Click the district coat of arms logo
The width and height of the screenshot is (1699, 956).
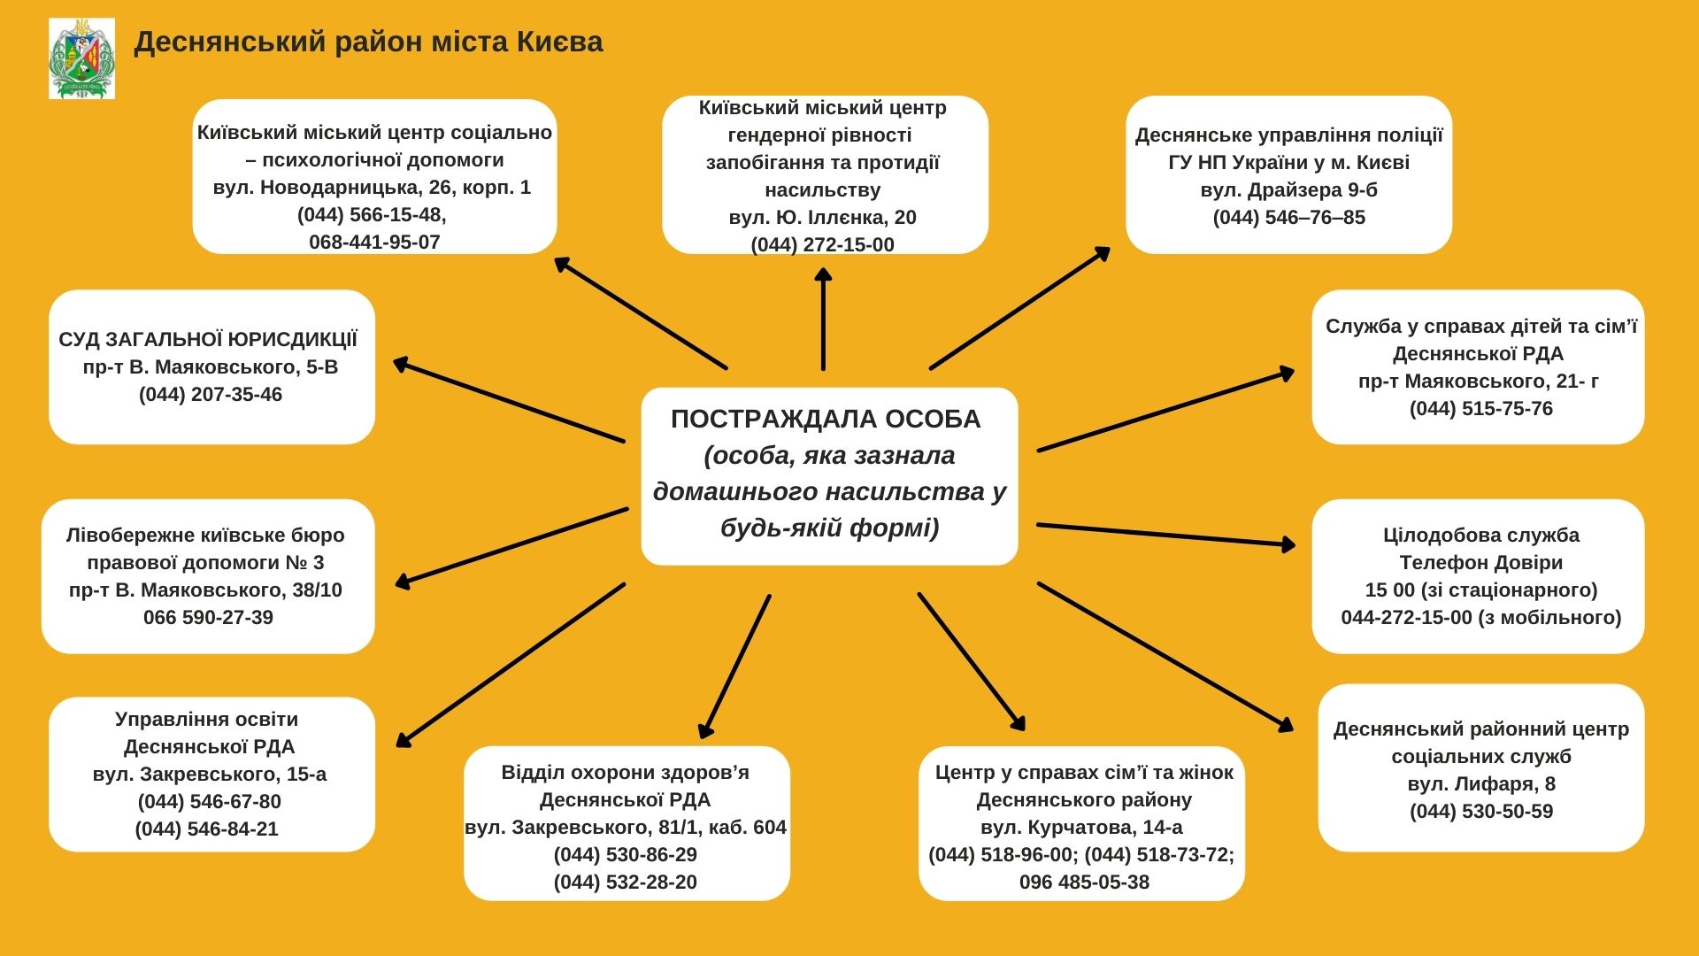(81, 58)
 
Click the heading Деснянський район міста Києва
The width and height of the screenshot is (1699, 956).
(368, 42)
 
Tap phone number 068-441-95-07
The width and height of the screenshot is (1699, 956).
(374, 242)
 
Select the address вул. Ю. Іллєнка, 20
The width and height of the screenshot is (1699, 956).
(822, 217)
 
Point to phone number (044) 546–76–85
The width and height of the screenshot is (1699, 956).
(1288, 217)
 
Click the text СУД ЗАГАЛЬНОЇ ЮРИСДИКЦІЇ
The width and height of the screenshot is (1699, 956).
(209, 339)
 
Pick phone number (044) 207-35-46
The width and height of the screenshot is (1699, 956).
(211, 394)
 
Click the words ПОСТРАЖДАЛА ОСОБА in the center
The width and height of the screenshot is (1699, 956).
(826, 419)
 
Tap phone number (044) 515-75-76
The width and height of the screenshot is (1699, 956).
(1481, 408)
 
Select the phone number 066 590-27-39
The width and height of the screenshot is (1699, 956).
(208, 617)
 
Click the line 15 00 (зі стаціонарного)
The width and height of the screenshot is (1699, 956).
(1481, 590)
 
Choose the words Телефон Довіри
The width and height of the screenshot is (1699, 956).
(1481, 562)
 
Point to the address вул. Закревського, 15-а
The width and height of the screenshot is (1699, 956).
(210, 774)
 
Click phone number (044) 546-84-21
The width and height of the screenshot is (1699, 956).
(207, 829)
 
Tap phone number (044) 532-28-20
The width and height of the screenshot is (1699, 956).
(626, 882)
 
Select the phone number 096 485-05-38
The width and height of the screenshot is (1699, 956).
(1084, 882)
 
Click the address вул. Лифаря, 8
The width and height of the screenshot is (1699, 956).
(1481, 783)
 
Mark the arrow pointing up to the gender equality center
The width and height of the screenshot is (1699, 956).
(823, 319)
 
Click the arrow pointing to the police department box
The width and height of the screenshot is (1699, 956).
(1020, 307)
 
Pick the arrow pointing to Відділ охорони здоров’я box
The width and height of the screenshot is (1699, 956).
(734, 667)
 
